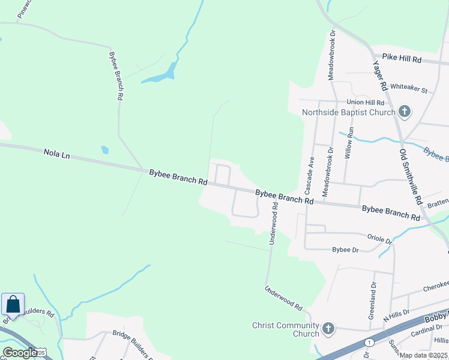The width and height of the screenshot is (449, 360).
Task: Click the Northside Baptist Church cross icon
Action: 405,112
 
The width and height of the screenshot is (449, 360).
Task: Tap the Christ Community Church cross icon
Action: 328,328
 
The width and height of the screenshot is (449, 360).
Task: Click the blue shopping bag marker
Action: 13,305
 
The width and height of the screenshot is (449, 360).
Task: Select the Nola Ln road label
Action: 57,154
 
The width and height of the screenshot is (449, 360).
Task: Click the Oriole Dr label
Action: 379,239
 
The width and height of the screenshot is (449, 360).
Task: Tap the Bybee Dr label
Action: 345,249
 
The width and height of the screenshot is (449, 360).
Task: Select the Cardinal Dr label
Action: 430,328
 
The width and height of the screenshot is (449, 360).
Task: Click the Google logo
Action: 19,353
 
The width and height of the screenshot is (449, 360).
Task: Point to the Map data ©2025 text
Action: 423,355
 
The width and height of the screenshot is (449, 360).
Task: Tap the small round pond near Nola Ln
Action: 105,150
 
